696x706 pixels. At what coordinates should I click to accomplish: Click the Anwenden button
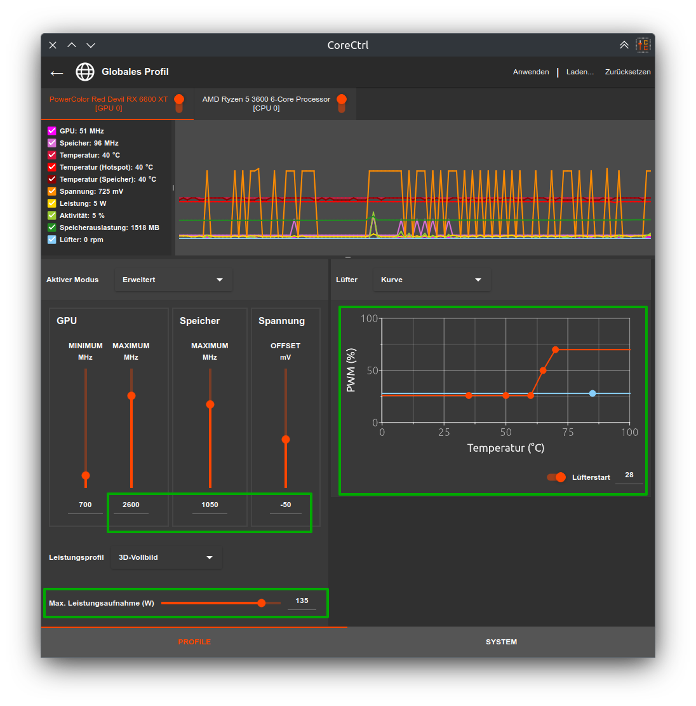point(531,72)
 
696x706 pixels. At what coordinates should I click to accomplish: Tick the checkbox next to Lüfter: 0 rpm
point(52,240)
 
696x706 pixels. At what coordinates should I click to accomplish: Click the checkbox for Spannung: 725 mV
point(52,191)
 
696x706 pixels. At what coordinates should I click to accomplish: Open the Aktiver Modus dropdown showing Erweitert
point(173,280)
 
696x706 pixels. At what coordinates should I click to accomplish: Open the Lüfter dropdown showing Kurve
point(432,280)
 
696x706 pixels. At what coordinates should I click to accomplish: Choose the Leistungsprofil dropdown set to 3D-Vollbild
point(166,557)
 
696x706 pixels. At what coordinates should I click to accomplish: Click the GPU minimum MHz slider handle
point(86,475)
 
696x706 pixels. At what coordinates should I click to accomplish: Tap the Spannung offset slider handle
point(286,440)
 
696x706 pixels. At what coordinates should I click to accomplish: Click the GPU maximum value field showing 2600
point(131,505)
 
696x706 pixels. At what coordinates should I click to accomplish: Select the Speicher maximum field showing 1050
point(210,505)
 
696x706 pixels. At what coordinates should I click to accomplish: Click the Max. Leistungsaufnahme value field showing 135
point(302,601)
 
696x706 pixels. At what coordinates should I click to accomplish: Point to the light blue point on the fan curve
point(592,393)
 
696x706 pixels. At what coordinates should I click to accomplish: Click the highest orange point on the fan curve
point(555,350)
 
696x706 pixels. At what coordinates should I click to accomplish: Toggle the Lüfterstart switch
point(557,477)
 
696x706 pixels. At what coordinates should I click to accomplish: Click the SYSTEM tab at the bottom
point(501,642)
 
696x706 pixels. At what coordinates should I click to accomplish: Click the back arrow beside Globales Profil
point(57,72)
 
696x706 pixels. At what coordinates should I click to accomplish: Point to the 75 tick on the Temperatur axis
point(568,432)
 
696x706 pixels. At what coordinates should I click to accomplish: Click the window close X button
point(53,45)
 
